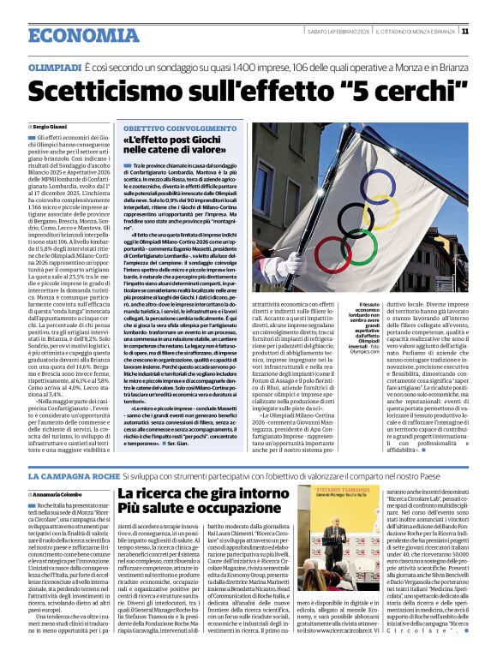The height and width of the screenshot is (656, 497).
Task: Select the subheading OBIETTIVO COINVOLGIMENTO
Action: click(x=172, y=127)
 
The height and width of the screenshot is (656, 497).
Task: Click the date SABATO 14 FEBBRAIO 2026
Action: click(x=338, y=33)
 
